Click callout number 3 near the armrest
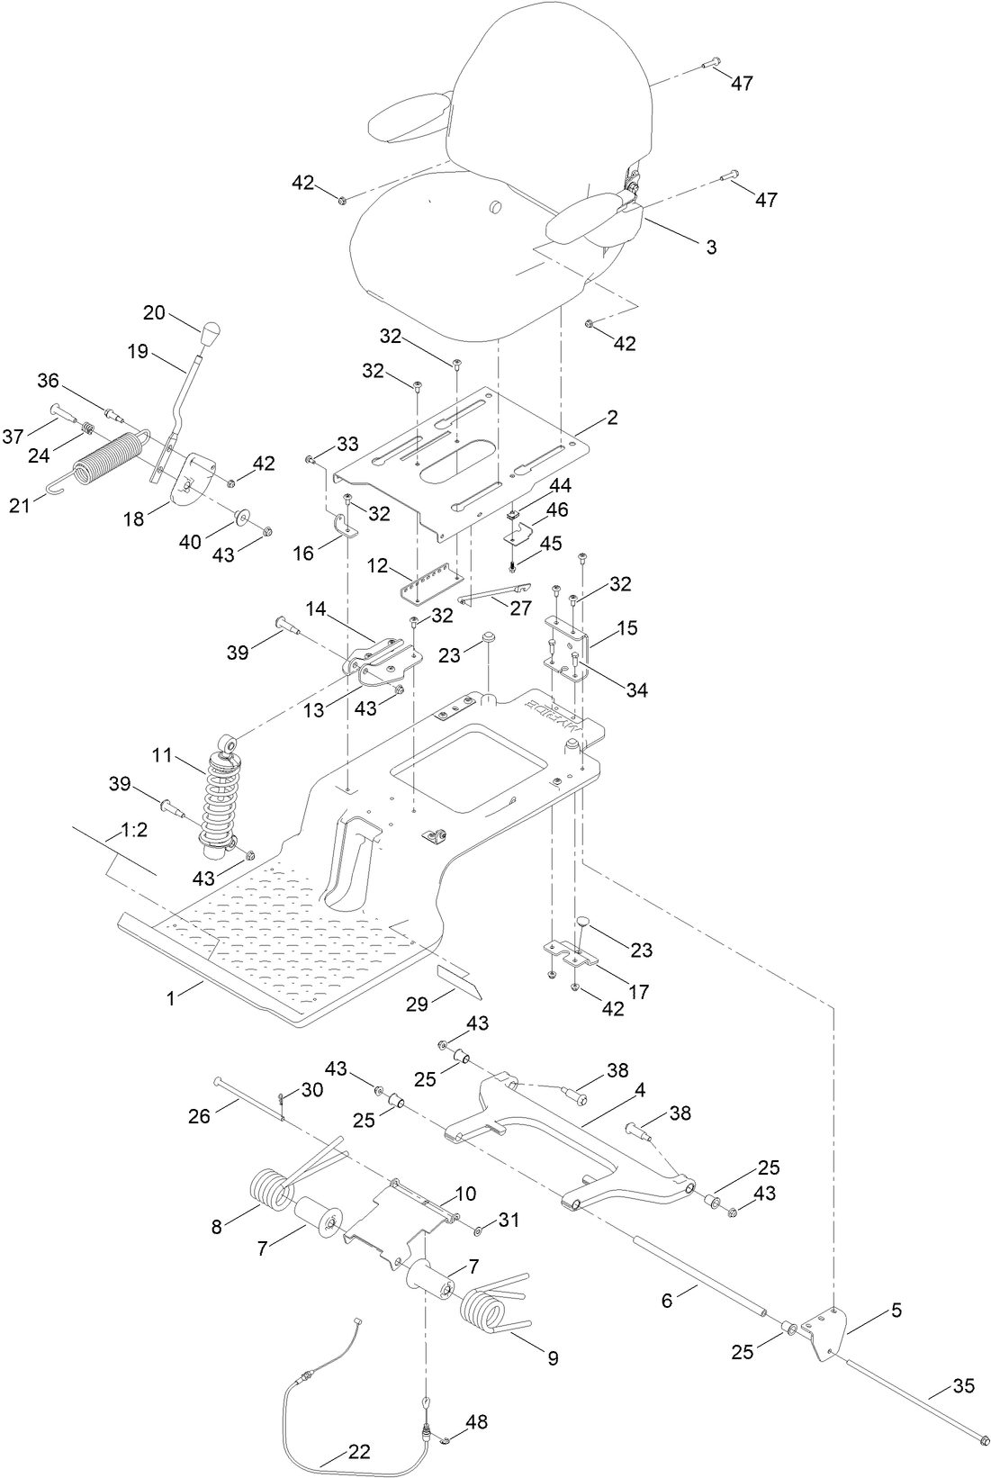(711, 247)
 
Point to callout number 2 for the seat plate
(612, 418)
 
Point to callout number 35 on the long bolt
(963, 1386)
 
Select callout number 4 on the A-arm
(640, 1090)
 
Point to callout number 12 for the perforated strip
(377, 567)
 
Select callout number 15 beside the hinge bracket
(627, 627)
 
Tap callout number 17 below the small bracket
(638, 992)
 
